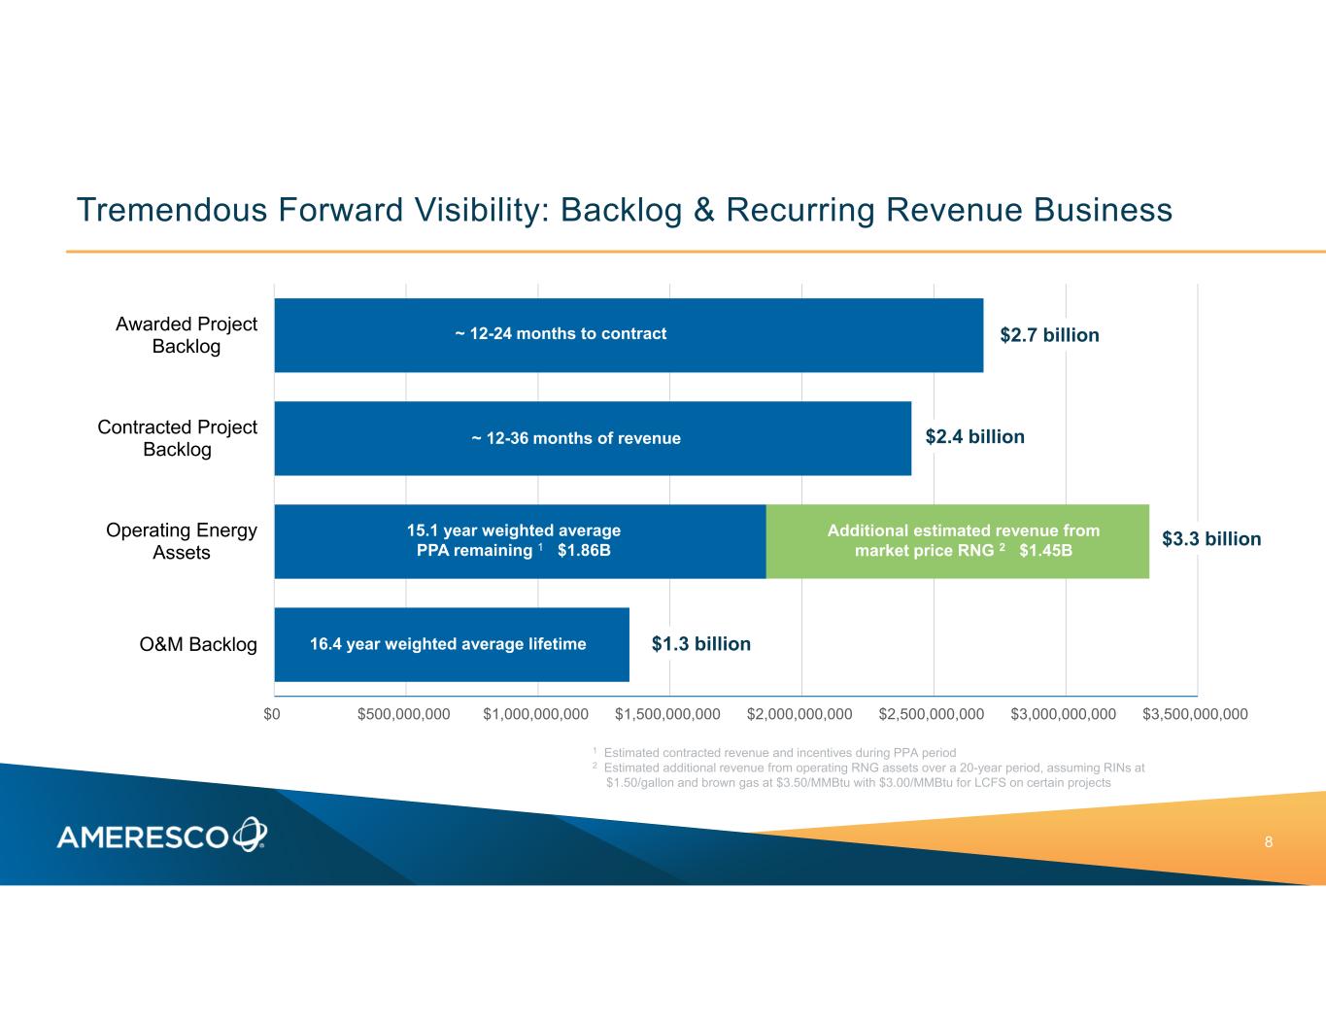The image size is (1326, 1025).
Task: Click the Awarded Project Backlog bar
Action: (x=629, y=335)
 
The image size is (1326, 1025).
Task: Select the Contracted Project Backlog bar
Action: (x=593, y=438)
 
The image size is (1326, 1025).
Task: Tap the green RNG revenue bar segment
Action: (x=958, y=541)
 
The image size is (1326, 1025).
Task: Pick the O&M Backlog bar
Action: (x=452, y=644)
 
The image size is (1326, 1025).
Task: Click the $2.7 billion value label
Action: (x=1049, y=335)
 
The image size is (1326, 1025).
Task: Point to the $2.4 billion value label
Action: (x=974, y=437)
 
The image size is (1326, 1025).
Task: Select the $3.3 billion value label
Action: (x=1211, y=539)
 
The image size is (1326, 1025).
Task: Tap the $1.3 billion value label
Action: (x=701, y=644)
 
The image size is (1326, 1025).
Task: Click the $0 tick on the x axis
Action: (x=272, y=714)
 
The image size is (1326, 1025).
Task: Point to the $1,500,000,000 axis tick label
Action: (x=667, y=714)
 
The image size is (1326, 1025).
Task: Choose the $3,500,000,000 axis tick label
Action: (x=1195, y=714)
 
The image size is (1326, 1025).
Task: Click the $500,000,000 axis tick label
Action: (x=404, y=714)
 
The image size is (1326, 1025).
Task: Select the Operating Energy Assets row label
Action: (x=182, y=540)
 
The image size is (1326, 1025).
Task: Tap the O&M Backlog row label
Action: (x=198, y=644)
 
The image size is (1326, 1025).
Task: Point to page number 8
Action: (x=1269, y=842)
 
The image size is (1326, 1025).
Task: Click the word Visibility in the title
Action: (x=485, y=210)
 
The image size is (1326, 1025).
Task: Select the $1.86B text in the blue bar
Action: (x=584, y=550)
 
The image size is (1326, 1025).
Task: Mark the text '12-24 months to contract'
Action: (x=568, y=334)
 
